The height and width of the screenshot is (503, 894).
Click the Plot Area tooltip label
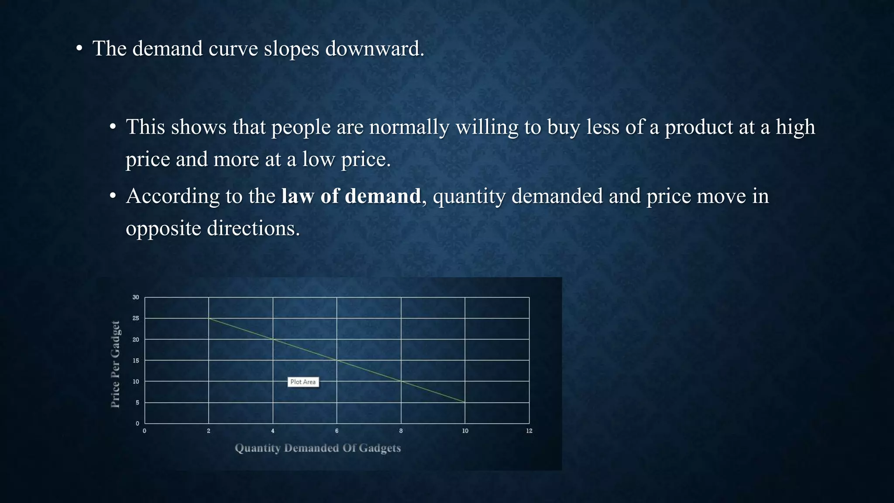tap(303, 382)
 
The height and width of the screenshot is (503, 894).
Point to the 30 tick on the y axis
tap(136, 297)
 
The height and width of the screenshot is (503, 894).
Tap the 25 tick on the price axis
tap(136, 318)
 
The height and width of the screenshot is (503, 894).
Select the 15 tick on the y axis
tap(136, 361)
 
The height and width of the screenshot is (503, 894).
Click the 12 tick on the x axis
tap(529, 431)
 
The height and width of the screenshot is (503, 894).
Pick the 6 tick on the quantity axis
tap(337, 431)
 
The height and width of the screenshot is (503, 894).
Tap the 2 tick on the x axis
tap(209, 431)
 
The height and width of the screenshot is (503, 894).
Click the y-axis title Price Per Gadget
tap(115, 364)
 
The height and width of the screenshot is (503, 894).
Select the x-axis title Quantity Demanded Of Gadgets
tap(318, 448)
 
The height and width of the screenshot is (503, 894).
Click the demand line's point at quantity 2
tap(209, 318)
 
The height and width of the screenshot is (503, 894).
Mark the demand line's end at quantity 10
tap(465, 402)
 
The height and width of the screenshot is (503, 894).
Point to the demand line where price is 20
tap(273, 339)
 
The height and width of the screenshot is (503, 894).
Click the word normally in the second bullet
tap(409, 127)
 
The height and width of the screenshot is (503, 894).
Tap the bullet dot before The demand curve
tap(79, 49)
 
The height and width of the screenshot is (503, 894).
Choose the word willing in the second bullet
tap(487, 127)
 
